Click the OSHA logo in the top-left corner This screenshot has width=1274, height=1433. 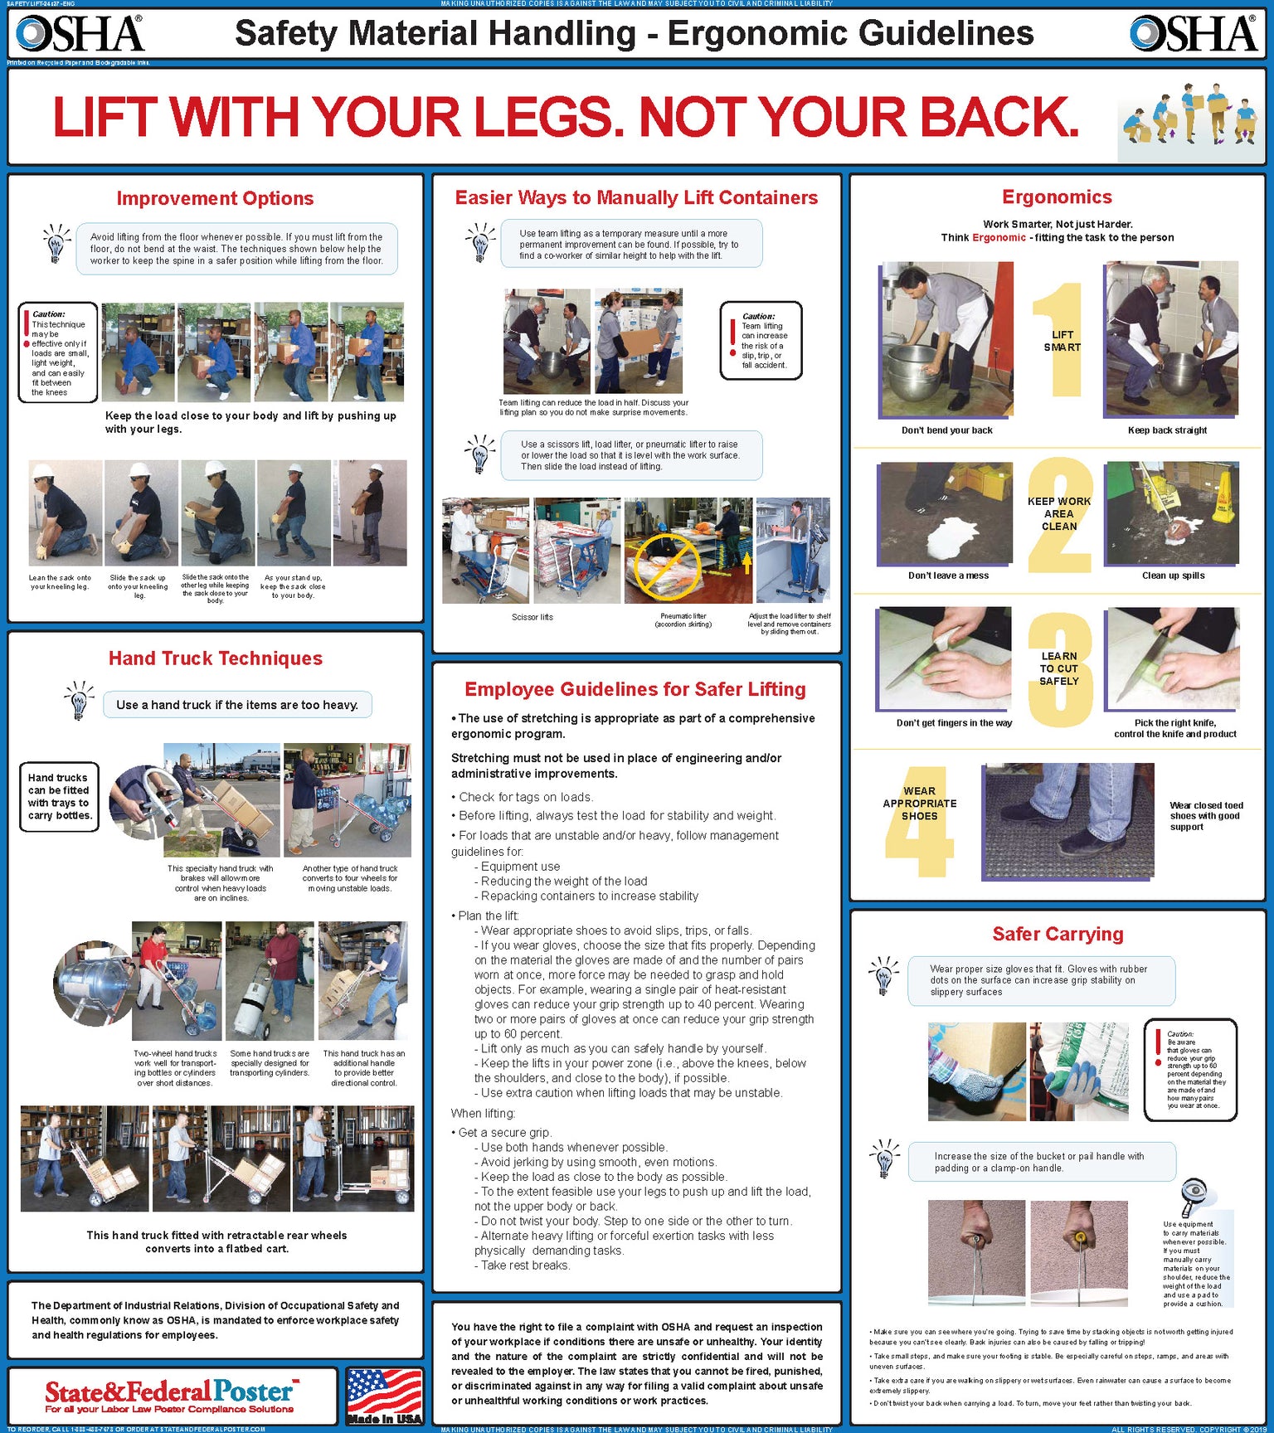pyautogui.click(x=80, y=33)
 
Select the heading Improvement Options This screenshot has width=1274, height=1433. pyautogui.click(x=215, y=198)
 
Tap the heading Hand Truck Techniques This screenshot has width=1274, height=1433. pyautogui.click(x=216, y=658)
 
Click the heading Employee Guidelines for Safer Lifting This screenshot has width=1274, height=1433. pyautogui.click(x=635, y=689)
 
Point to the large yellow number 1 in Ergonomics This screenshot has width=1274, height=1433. pyautogui.click(x=1060, y=340)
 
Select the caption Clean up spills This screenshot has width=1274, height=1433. pyautogui.click(x=1173, y=576)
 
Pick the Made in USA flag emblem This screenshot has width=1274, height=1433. pyautogui.click(x=384, y=1396)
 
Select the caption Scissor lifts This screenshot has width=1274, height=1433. pyautogui.click(x=532, y=617)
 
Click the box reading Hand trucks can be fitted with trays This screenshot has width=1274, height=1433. pyautogui.click(x=59, y=797)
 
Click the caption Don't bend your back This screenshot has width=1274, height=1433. pyautogui.click(x=946, y=430)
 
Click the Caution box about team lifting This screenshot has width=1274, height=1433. pyautogui.click(x=761, y=341)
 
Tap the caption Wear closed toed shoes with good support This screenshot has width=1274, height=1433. pyautogui.click(x=1205, y=816)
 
